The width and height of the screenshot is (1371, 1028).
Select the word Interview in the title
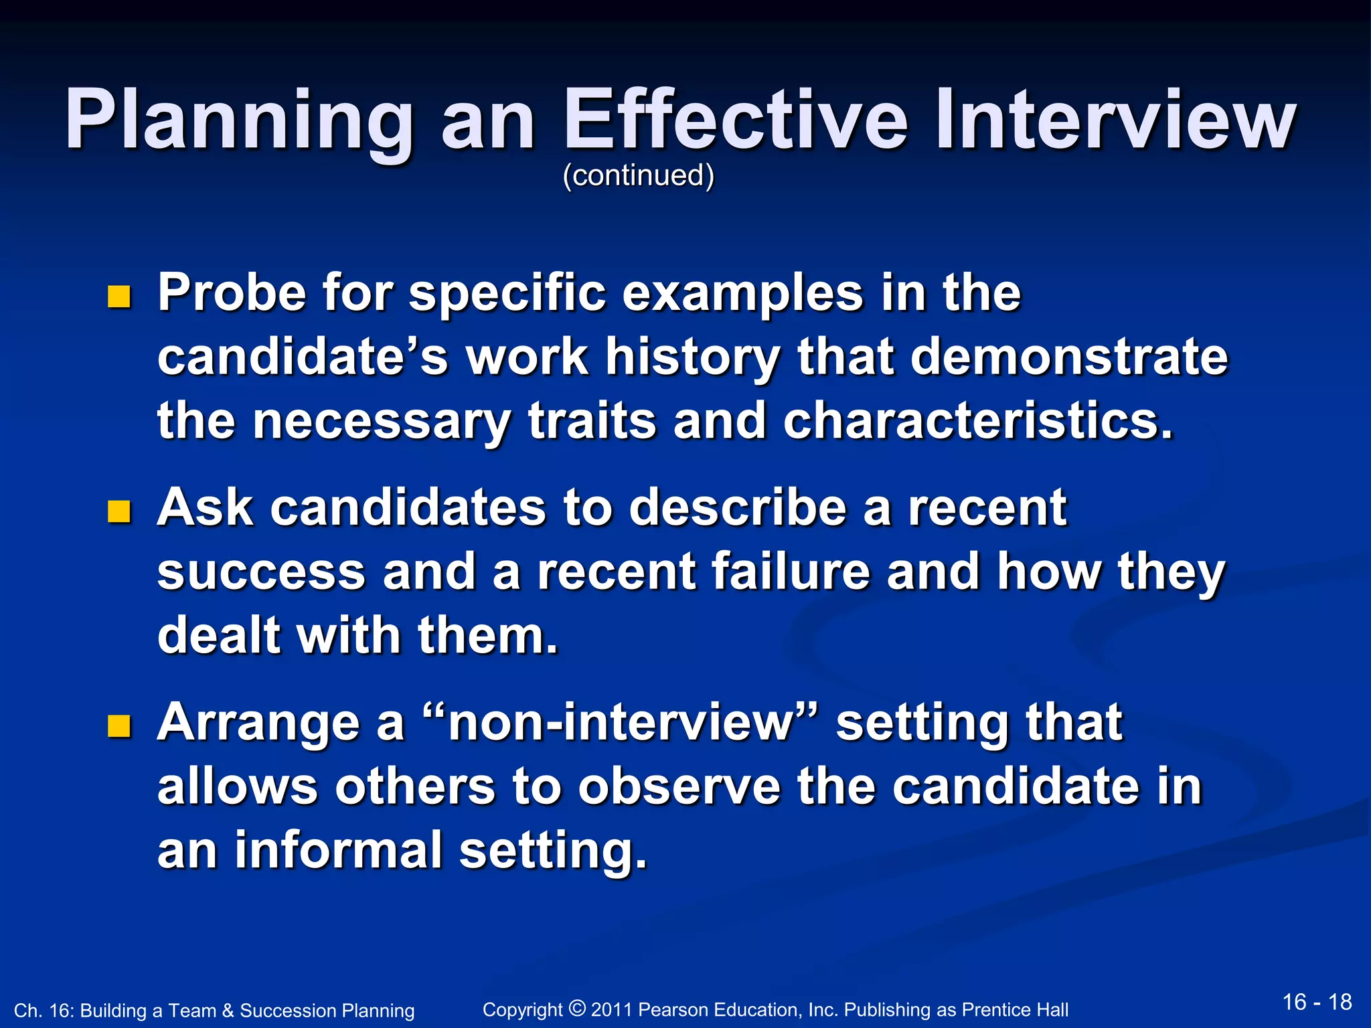point(1115,120)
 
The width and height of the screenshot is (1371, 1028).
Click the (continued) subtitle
point(638,175)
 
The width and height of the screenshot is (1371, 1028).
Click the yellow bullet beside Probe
point(119,296)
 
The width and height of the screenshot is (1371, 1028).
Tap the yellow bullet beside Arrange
point(119,725)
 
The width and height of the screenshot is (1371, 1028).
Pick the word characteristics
point(977,421)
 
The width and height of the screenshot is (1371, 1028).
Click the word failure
point(790,572)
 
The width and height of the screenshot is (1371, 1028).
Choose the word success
point(261,573)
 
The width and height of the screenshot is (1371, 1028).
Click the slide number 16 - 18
point(1317,1002)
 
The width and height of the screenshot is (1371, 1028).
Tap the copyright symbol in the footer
point(577,1008)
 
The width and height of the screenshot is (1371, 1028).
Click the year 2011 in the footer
point(611,1010)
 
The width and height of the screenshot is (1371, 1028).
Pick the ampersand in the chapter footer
point(228,1011)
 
